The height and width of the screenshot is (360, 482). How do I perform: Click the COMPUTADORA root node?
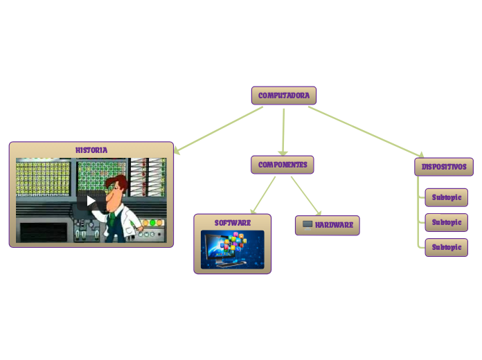283,96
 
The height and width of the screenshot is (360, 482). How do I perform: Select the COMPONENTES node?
283,165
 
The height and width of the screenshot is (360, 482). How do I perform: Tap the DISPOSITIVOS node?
444,167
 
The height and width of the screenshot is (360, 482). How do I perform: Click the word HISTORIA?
91,150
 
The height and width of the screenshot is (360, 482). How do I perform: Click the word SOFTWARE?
233,223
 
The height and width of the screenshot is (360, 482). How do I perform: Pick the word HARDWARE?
334,225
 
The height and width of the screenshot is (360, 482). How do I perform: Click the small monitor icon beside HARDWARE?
307,224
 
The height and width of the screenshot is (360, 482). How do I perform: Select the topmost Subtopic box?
446,197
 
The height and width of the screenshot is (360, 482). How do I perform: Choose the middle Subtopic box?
446,222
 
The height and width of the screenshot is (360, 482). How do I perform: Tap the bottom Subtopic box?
446,247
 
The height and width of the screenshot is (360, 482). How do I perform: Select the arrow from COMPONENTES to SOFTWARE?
262,195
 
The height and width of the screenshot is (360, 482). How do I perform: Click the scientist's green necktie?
111,219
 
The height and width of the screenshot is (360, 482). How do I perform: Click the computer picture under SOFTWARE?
232,249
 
